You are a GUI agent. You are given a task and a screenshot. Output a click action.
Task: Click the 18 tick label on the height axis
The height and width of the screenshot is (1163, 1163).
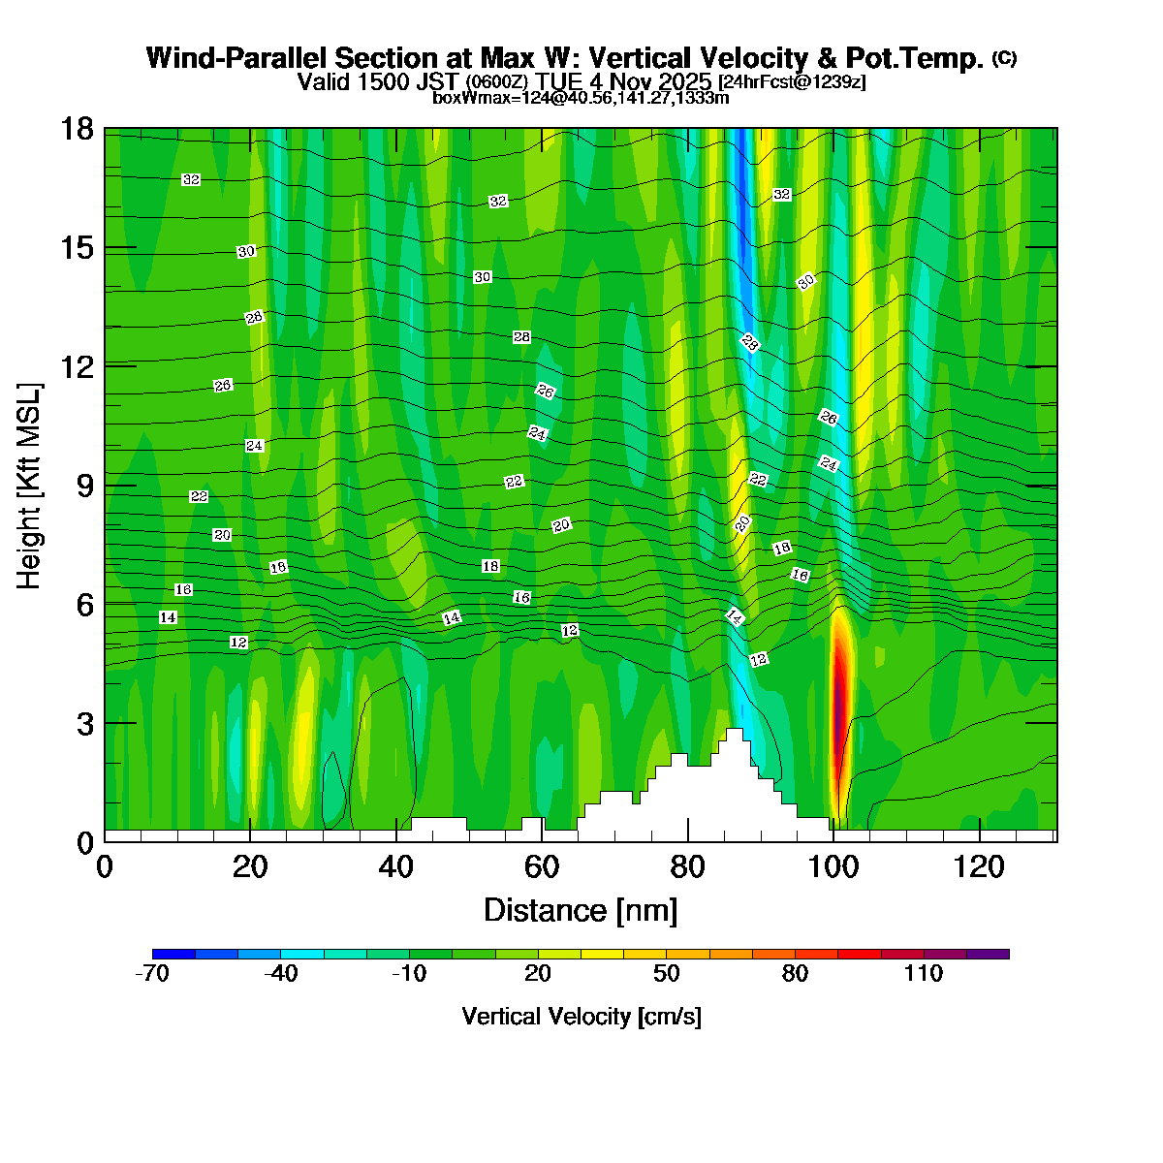pos(79,129)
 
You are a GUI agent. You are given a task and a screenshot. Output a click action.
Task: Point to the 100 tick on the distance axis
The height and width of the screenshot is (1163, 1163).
pos(833,865)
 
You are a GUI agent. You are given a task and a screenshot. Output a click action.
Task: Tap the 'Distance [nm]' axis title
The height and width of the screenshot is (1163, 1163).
pos(581,910)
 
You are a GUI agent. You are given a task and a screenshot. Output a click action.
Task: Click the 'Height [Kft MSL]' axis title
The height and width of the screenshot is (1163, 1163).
pos(30,486)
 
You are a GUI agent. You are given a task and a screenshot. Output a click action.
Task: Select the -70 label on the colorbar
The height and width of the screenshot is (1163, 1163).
pos(152,974)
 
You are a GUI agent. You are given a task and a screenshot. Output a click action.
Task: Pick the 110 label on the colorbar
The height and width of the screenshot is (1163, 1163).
pos(924,974)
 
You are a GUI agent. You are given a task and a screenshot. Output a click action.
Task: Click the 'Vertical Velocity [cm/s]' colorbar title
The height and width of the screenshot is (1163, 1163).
pos(581,1017)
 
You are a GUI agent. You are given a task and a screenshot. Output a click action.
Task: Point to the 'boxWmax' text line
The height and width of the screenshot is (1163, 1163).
pos(581,97)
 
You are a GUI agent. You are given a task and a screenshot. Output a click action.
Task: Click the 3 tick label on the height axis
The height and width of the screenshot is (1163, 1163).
pos(85,723)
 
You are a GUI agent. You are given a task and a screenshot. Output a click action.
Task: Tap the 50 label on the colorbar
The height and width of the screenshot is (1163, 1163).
pos(667,974)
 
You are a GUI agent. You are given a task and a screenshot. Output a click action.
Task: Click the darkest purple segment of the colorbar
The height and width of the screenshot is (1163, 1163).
pos(988,954)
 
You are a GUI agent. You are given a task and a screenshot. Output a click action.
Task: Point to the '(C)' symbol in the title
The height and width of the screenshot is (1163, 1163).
pos(1004,58)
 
